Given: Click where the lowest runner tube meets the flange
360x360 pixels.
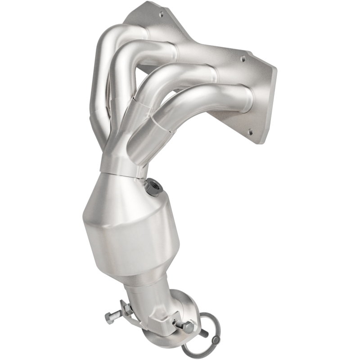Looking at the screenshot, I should coord(245,97).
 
